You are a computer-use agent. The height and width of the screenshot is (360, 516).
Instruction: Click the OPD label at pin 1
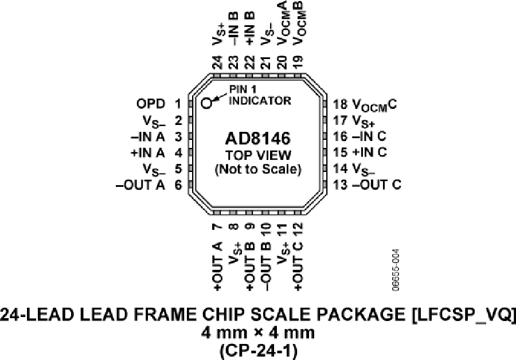151,104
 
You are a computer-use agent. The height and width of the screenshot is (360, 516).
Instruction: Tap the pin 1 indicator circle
206,103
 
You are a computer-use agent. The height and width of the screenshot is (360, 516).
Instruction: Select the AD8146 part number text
257,139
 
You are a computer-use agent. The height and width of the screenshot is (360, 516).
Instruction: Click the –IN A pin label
148,136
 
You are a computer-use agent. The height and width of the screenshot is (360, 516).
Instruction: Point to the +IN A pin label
148,152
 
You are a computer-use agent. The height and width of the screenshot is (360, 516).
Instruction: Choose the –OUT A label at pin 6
140,185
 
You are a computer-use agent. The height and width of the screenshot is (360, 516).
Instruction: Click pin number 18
340,104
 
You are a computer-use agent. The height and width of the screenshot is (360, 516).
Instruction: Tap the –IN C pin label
369,136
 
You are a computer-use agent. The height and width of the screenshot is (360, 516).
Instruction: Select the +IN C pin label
369,152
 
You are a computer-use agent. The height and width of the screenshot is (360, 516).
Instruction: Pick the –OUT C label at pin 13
377,185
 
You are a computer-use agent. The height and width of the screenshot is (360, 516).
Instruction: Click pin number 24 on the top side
217,62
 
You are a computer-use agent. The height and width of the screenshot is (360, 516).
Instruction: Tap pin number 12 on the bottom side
298,229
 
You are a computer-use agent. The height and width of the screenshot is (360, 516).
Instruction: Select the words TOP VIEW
258,155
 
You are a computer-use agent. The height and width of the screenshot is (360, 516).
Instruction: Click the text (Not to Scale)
258,169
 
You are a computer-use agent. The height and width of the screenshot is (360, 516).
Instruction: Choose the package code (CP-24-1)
259,350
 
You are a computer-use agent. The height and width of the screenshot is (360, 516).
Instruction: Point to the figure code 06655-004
396,270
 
